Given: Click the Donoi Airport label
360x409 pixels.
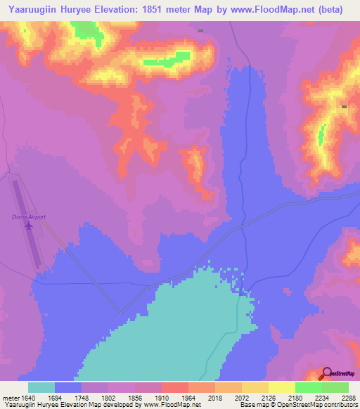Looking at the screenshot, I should [29, 217].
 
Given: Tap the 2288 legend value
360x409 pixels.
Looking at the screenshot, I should [349, 397].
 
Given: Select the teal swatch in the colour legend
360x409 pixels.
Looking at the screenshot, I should [41, 387].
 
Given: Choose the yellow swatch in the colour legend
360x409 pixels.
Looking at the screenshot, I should [281, 387].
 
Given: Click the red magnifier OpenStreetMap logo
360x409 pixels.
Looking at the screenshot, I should [328, 373].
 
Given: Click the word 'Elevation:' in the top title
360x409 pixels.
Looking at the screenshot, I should [115, 10].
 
